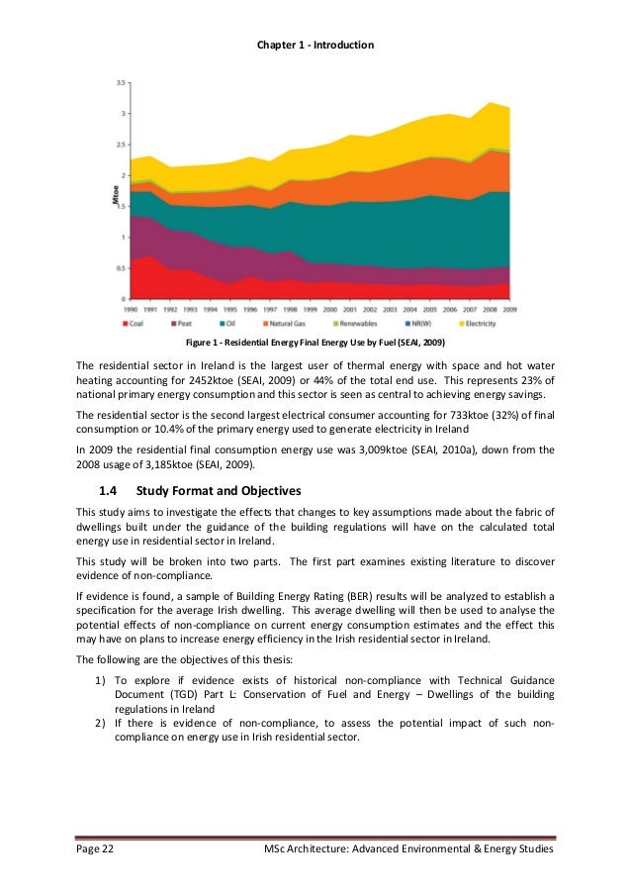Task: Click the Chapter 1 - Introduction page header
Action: [315, 46]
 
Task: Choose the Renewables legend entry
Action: [363, 323]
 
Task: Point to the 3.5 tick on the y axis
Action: [120, 83]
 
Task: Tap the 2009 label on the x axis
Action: [509, 309]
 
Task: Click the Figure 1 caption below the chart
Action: [315, 344]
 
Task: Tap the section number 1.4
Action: [108, 490]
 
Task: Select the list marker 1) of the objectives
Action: [100, 680]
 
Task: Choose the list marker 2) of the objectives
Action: [100, 723]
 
